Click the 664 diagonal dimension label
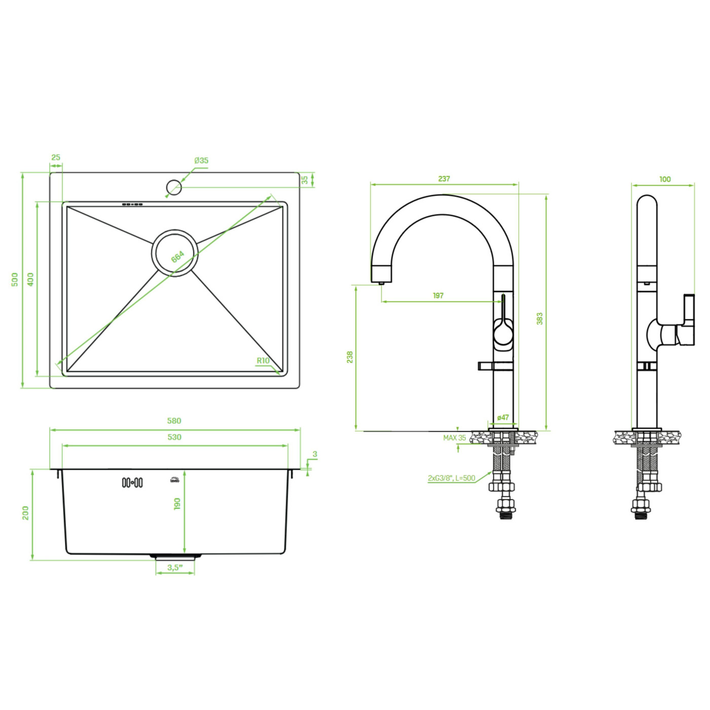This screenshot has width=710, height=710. pos(177,256)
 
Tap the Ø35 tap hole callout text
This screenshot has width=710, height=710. pos(201,160)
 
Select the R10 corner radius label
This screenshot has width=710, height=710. pos(263,361)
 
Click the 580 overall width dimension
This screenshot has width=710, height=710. pos(174,421)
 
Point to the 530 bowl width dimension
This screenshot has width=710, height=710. pos(174,437)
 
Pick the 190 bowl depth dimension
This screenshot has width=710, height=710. pos(177,504)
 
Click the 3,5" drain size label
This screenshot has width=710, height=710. pos(175,567)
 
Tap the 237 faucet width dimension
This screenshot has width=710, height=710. pos(444,179)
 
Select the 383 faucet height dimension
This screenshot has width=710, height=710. pos(540,318)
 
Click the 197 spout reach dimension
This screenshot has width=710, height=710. pos(438,296)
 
